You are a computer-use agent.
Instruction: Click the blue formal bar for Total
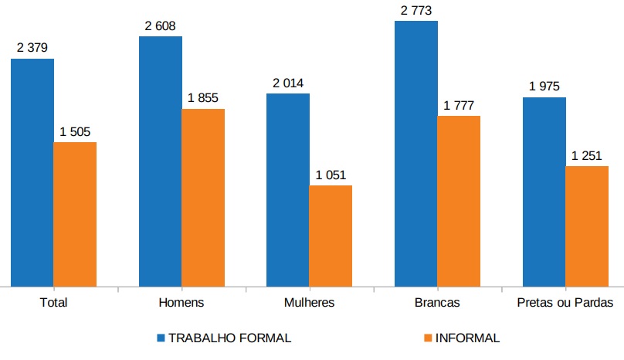[x=32, y=172]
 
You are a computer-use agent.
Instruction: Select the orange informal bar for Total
[x=75, y=213]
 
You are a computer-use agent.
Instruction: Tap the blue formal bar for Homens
[x=161, y=161]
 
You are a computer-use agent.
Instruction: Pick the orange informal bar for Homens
[x=203, y=197]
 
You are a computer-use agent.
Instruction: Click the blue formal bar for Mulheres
[x=288, y=189]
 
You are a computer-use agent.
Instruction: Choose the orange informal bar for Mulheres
[x=331, y=235]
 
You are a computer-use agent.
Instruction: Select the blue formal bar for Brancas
[x=416, y=153]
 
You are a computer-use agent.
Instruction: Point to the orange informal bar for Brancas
[x=459, y=201]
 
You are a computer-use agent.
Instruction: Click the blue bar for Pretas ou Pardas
[x=544, y=191]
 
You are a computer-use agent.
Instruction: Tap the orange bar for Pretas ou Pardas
[x=587, y=226]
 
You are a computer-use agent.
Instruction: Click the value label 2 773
[x=415, y=10]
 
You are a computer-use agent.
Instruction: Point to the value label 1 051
[x=331, y=175]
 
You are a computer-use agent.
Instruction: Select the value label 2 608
[x=160, y=25]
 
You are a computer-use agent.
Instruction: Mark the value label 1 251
[x=587, y=155]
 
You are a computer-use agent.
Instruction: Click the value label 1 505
[x=75, y=131]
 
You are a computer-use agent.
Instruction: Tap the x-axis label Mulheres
[x=309, y=303]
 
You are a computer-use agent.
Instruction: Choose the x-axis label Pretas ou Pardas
[x=565, y=303]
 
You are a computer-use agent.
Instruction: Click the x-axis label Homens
[x=181, y=303]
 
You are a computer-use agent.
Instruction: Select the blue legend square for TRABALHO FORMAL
[x=161, y=338]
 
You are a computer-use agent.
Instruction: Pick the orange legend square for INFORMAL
[x=428, y=338]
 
